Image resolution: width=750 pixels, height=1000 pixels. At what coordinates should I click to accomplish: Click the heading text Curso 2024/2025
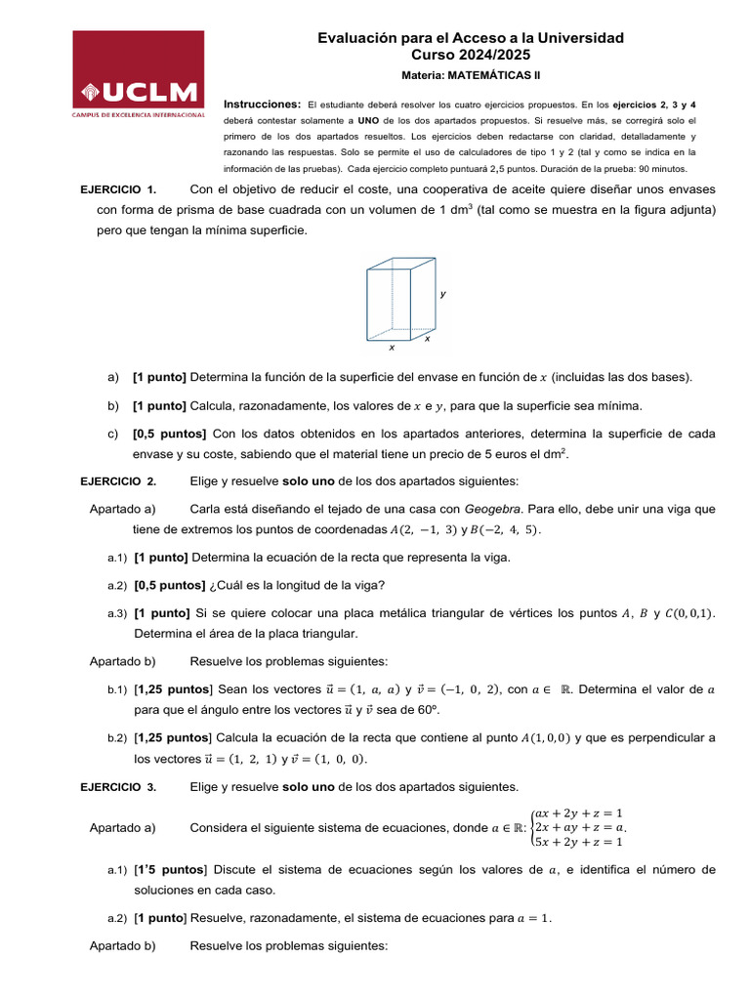click(471, 55)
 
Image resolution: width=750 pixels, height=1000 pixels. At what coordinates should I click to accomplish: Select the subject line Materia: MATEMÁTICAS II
click(471, 75)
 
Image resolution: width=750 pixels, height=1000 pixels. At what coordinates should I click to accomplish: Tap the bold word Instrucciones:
click(263, 104)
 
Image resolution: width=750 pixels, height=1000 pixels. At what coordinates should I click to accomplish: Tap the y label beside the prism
click(442, 293)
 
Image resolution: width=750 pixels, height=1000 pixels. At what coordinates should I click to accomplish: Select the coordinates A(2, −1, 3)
click(408, 530)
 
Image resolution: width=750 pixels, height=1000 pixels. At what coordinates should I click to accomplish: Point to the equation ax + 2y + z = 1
click(579, 812)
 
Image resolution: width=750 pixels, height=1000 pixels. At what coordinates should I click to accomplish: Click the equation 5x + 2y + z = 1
click(579, 842)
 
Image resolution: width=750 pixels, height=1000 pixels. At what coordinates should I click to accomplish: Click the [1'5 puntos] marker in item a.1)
click(171, 869)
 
